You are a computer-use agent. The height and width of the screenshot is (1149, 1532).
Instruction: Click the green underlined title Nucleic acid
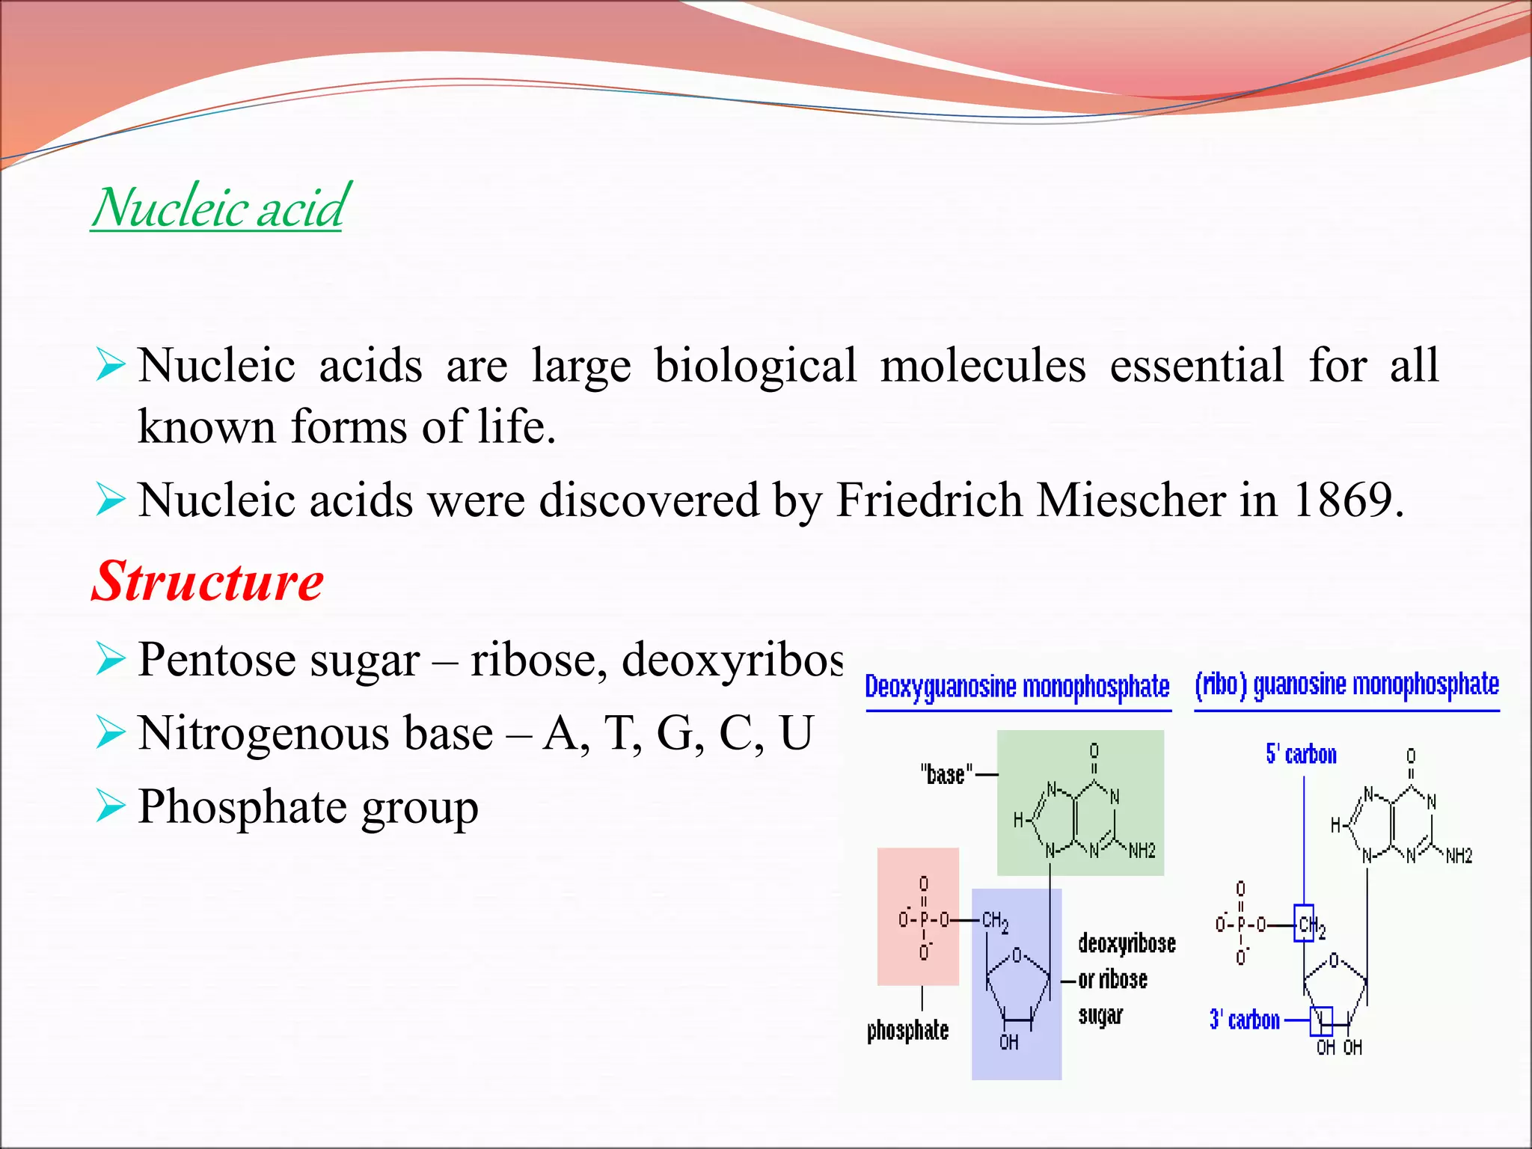coord(218,207)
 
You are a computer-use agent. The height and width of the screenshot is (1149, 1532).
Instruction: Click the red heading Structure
coord(207,581)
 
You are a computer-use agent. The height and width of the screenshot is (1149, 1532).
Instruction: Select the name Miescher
coord(1130,500)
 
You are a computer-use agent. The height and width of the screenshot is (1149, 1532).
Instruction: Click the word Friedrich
coord(928,500)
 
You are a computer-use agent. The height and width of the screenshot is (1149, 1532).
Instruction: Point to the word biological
coord(755,366)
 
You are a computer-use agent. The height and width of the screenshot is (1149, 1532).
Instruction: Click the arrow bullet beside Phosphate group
coord(110,807)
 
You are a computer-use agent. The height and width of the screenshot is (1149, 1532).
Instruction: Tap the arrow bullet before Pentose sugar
coord(110,659)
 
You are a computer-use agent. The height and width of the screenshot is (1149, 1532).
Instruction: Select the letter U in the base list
coord(795,733)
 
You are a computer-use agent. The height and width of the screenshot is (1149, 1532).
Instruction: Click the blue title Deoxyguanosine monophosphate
coord(1017,687)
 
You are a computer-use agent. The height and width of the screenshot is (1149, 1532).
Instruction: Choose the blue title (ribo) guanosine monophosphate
coord(1346,685)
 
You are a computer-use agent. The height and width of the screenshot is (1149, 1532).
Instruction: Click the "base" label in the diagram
coord(946,775)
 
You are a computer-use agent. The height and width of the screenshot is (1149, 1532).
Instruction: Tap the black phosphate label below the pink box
coord(907,1031)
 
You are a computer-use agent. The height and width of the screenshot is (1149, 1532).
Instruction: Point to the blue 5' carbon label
coord(1301,754)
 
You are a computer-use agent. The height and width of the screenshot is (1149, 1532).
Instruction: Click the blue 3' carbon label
coord(1244,1020)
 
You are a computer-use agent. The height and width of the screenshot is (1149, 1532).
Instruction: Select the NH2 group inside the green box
coord(1142,851)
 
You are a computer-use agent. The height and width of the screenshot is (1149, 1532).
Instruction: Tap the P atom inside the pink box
coord(924,919)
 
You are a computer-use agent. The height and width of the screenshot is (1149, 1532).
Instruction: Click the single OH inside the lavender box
coord(1008,1042)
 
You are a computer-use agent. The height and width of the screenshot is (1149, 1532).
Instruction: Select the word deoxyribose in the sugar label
coord(1127,944)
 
